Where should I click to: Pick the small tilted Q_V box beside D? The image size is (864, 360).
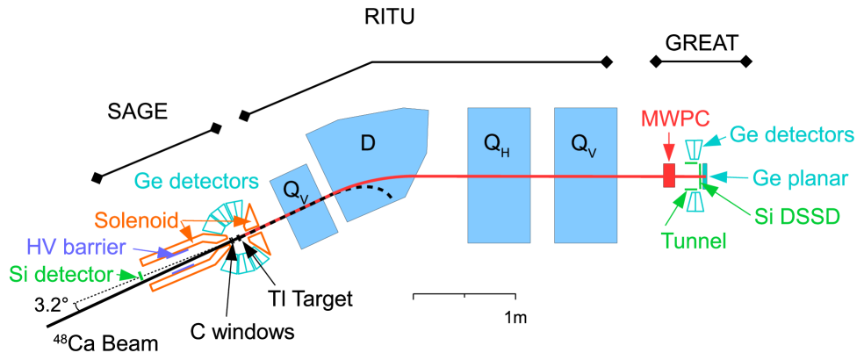(302, 205)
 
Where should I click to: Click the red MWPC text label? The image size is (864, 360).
(674, 118)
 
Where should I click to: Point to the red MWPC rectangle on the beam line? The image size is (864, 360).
(669, 176)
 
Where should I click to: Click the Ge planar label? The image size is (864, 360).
(799, 178)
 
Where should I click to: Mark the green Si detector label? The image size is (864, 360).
(61, 274)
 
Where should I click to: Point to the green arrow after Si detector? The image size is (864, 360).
(131, 276)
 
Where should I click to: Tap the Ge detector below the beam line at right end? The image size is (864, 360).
(695, 204)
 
